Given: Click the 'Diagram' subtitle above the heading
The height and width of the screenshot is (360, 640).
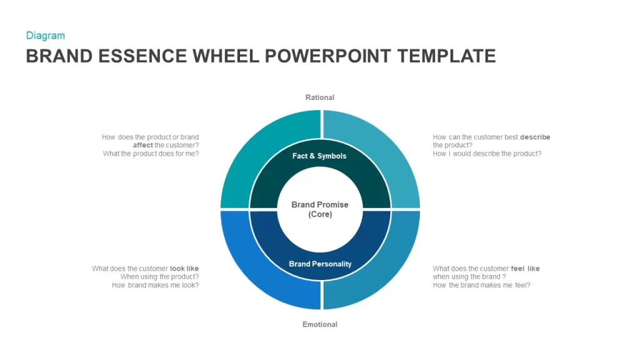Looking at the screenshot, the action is (45, 36).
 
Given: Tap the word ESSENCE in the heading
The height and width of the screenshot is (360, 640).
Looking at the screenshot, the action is (142, 56).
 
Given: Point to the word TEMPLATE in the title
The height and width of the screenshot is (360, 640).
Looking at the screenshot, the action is (446, 56).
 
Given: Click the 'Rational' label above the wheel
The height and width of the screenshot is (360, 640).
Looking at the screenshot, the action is (320, 97).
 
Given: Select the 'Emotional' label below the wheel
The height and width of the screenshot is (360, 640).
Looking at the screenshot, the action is (320, 324).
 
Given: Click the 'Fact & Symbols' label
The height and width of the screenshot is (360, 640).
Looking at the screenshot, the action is (319, 156).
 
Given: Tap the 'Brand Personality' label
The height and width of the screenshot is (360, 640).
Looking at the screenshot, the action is (320, 264).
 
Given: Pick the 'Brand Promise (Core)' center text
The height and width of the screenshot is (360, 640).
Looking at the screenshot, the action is (320, 209).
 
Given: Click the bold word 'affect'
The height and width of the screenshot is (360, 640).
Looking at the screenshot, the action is (143, 145).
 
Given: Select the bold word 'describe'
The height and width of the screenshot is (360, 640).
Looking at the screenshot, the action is (535, 137).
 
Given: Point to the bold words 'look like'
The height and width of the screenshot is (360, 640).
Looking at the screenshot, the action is (184, 269).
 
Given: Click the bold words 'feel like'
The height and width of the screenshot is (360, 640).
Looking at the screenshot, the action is (525, 269).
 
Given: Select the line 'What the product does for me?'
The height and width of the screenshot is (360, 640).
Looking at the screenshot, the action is (151, 154).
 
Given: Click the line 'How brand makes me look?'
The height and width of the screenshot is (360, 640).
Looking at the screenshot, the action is (156, 285).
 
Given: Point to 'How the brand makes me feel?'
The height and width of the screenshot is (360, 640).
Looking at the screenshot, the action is (482, 285).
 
